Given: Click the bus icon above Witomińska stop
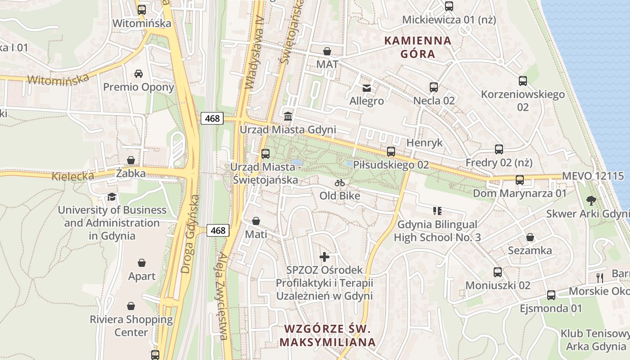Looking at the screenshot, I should tap(142, 9).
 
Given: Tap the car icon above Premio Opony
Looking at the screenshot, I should tap(139, 73).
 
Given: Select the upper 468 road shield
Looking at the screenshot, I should tap(212, 118).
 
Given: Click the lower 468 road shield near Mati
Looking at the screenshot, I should tap(218, 230).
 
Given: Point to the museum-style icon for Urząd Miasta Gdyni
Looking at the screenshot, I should tap(288, 116).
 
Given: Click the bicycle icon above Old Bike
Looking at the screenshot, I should tap(340, 183).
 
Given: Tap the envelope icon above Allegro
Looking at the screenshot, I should tap(367, 88).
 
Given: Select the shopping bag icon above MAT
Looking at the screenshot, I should tap(327, 51).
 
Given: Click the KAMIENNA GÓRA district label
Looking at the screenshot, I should tap(418, 47).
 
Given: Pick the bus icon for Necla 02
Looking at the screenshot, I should tap(434, 87).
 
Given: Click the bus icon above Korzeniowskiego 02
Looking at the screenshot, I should tap(522, 81).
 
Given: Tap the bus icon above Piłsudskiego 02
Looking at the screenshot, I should tap(391, 152).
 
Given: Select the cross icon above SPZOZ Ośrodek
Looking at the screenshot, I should tap(324, 257).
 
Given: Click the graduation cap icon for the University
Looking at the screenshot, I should tap(112, 197).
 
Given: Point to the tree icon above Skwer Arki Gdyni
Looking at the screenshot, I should tap(591, 200).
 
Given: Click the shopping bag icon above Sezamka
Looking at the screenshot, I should tap(530, 237).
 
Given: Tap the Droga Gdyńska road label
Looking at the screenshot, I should tap(189, 234).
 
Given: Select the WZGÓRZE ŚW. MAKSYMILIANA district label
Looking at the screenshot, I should tap(328, 335).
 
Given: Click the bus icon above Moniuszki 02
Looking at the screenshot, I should tap(497, 272).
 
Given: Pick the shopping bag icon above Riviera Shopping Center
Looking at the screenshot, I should tap(131, 306).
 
